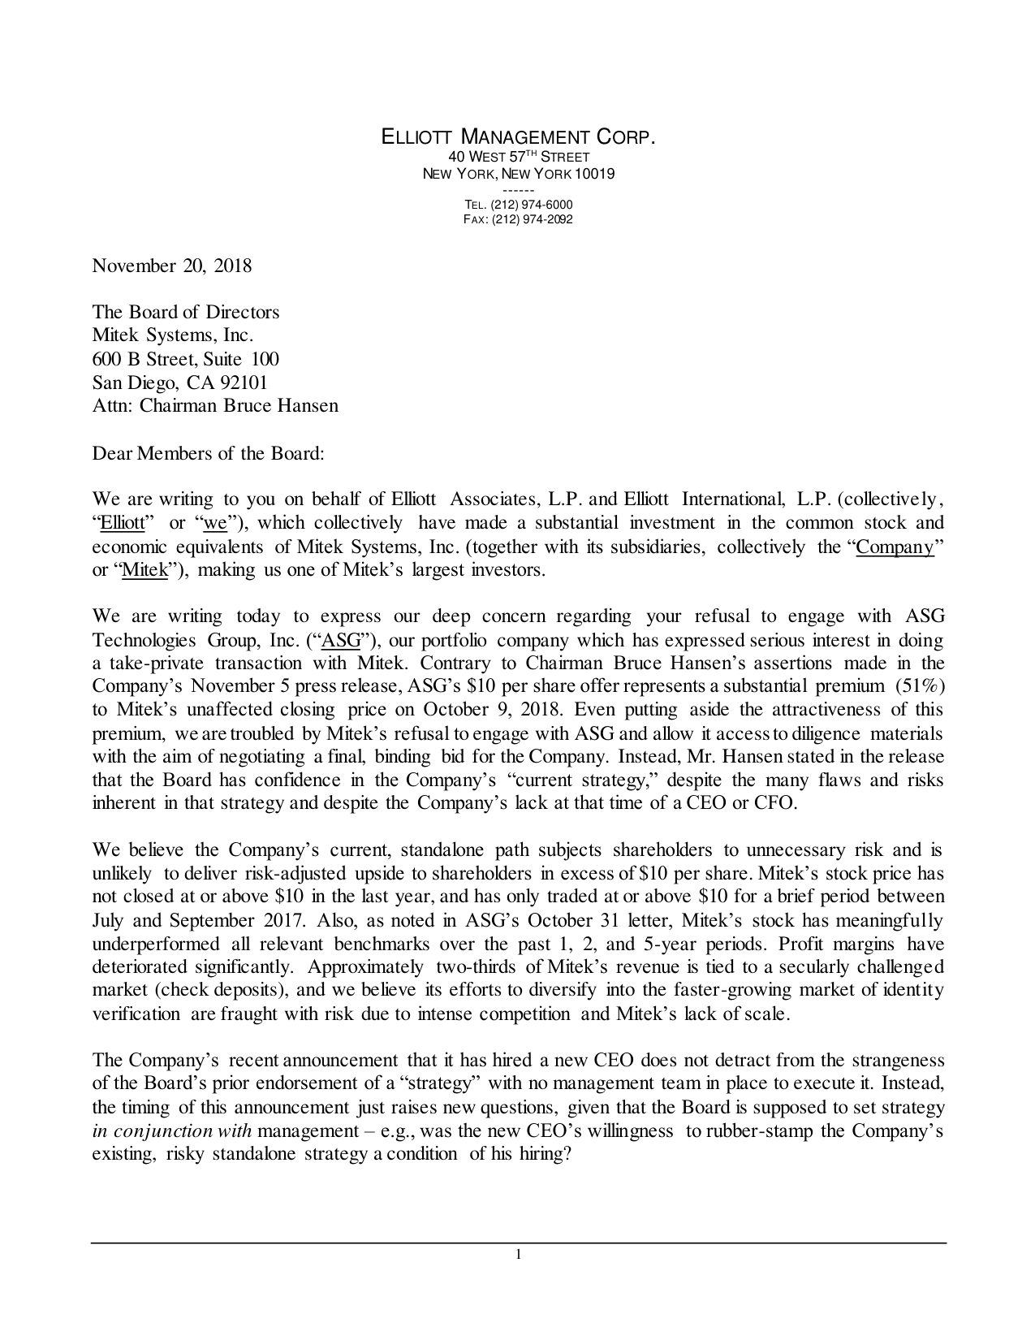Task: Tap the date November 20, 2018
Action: point(172,266)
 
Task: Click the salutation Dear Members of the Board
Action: point(209,452)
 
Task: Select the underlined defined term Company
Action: point(895,547)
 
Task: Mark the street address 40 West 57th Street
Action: point(519,156)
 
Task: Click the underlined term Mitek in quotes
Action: point(144,570)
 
